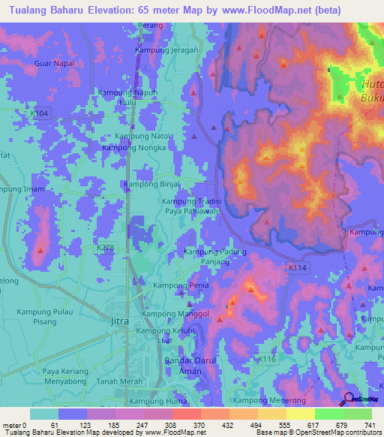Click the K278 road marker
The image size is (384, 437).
(x=104, y=246)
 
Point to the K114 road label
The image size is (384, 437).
(x=297, y=266)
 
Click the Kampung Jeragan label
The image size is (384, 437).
(x=166, y=50)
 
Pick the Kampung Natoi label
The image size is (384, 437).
(x=143, y=137)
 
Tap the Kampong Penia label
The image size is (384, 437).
(x=180, y=286)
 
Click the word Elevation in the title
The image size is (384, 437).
(x=108, y=11)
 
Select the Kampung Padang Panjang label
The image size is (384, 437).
(x=215, y=258)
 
